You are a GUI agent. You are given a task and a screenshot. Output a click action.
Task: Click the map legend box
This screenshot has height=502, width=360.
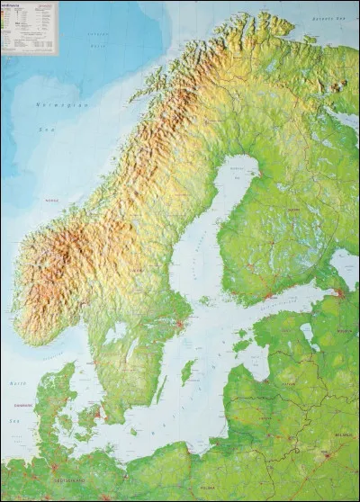pyautogui.click(x=29, y=28)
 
